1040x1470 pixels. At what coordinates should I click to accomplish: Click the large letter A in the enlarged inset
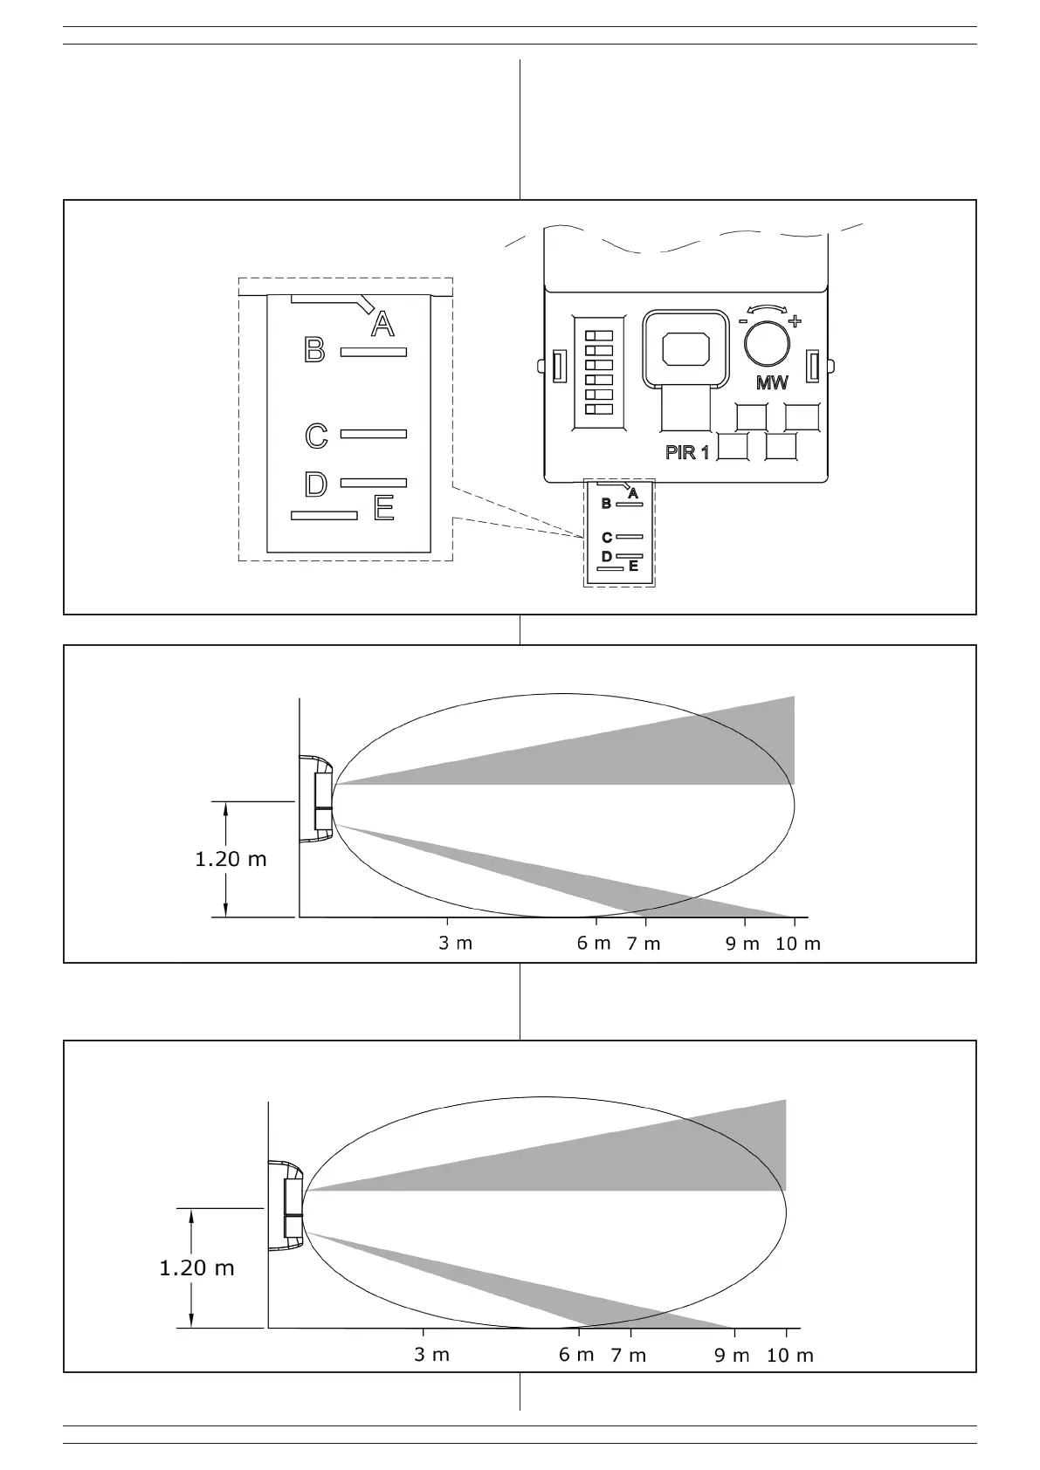382,325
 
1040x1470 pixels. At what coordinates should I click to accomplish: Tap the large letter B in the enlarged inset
314,351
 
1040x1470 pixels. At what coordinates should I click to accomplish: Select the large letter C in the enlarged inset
316,435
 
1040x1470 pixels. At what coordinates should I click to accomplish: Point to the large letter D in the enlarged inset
315,484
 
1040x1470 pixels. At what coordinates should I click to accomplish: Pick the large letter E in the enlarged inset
383,508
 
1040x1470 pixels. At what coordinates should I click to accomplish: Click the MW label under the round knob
772,382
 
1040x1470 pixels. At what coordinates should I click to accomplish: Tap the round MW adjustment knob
767,344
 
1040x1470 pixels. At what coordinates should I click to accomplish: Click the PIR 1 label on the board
687,452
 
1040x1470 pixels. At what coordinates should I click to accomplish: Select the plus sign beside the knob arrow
795,321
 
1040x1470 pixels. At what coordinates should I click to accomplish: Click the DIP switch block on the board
598,373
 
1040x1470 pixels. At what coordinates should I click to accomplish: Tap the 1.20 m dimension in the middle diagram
231,859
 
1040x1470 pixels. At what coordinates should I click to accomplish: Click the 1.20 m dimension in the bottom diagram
196,1267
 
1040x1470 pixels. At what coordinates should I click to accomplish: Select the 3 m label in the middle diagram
455,944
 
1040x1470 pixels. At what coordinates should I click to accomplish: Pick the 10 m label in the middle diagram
798,944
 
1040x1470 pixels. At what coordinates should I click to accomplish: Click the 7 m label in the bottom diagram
629,1356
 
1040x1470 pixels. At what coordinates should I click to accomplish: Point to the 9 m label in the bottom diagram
733,1356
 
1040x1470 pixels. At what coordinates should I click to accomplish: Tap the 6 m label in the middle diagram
594,944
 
